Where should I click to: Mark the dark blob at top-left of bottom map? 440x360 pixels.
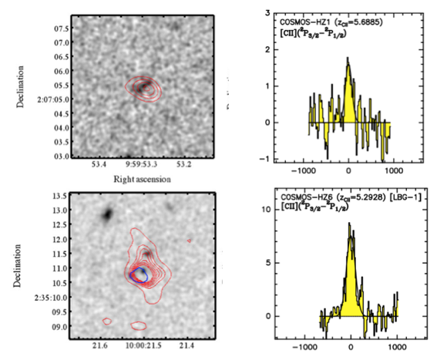tap(109, 213)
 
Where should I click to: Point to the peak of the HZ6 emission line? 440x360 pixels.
tap(349, 224)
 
